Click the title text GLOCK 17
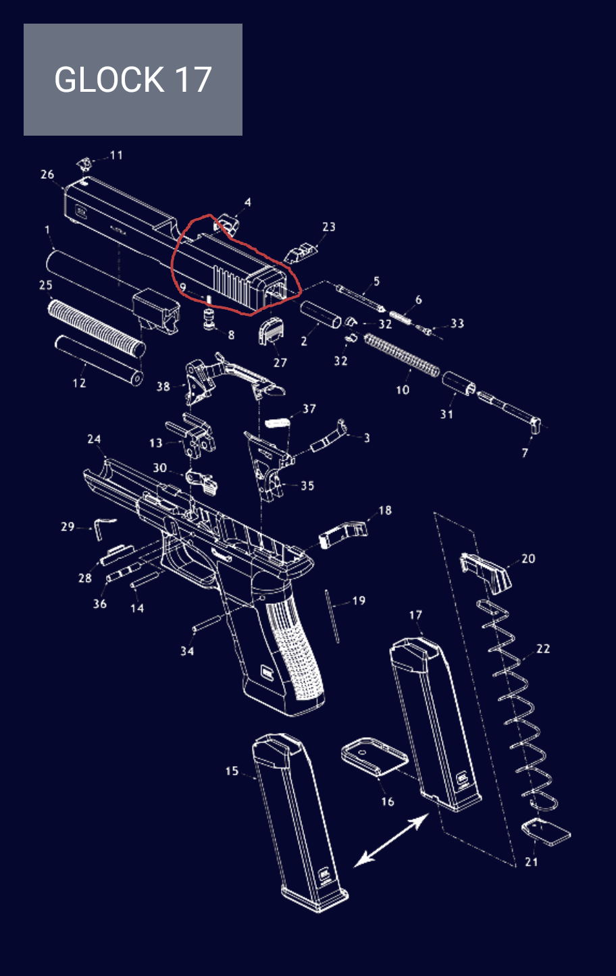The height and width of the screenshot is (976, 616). coord(133,80)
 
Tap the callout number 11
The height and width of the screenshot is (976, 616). coord(116,155)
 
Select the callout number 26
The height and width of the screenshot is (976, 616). coord(47,174)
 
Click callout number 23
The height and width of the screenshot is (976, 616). coord(329,227)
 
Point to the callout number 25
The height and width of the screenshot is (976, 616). coord(46,285)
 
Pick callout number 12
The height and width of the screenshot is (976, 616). coord(79,383)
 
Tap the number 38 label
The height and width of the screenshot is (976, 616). coord(163,386)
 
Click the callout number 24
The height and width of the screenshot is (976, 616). coord(94,439)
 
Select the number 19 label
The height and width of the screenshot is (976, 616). coord(359,601)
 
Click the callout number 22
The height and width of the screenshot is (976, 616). coord(543,649)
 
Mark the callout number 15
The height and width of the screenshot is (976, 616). coord(232,771)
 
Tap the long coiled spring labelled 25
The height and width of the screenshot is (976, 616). coord(97,326)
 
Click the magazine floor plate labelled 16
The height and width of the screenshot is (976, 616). coord(374,757)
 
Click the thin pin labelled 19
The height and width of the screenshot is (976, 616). coord(332,616)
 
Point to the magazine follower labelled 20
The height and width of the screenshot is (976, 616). coord(486,572)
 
